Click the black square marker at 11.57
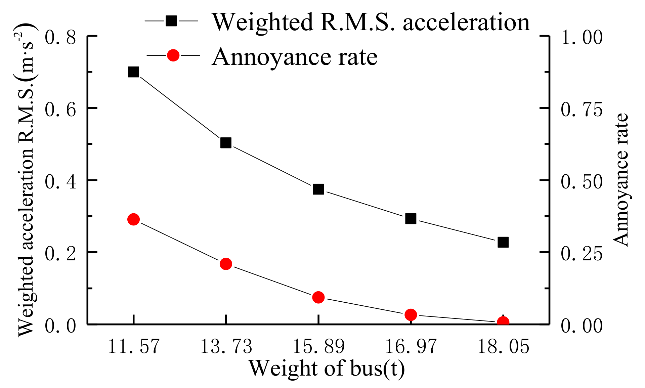133,72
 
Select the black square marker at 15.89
318,189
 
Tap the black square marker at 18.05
503,242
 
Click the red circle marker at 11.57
133,219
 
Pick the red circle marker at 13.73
226,264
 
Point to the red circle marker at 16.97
411,315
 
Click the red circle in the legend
173,55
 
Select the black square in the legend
171,21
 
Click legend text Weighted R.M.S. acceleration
371,22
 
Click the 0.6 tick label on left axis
60,109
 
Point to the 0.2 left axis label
60,254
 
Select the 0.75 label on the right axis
582,109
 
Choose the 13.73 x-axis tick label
226,346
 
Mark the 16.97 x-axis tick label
411,346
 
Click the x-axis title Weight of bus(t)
327,368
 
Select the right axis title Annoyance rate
620,180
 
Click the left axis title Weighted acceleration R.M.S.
26,180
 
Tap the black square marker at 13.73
226,143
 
